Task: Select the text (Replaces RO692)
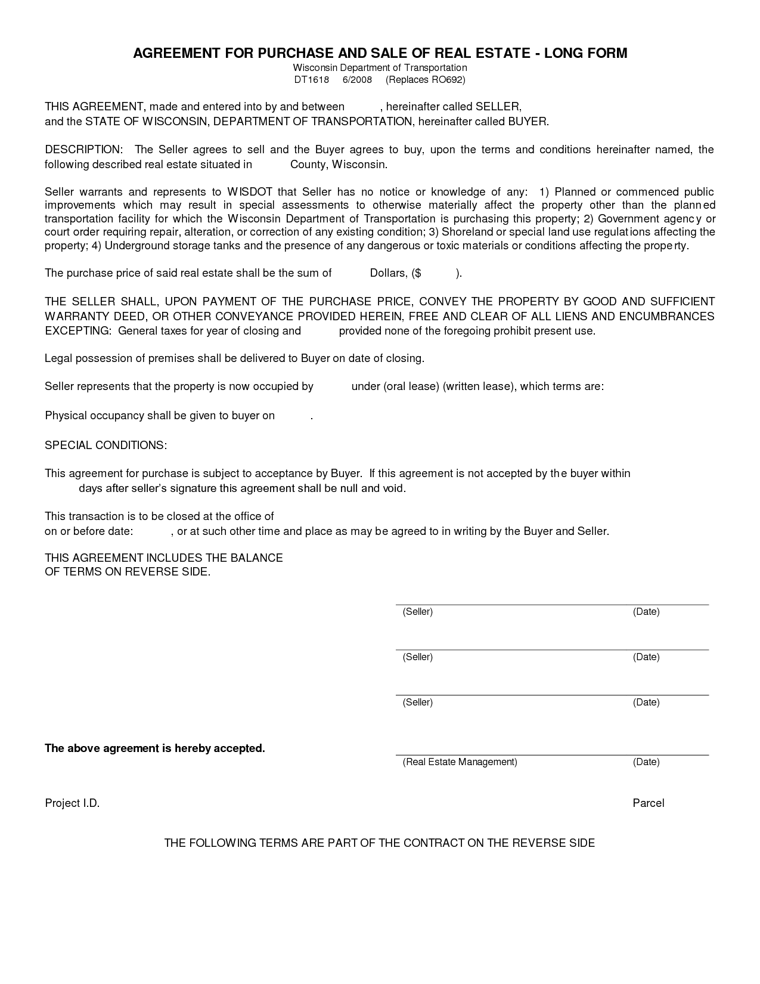click(425, 80)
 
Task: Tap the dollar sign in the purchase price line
click(418, 273)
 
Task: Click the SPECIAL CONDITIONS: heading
click(106, 445)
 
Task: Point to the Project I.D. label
click(72, 803)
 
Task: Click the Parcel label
click(648, 803)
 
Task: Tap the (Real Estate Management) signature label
click(460, 762)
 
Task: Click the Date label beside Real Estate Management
click(646, 762)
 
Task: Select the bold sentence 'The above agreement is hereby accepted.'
click(155, 748)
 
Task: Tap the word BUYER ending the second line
click(527, 122)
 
